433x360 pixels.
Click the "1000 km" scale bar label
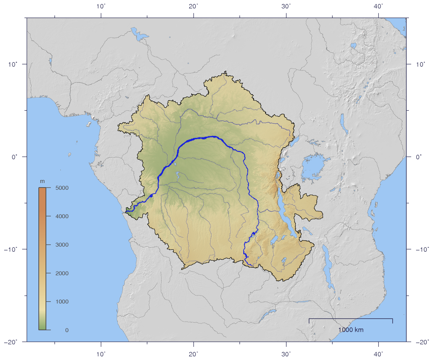pos(351,330)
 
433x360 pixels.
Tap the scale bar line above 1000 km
pos(351,319)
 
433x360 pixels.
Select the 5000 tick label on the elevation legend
pos(62,188)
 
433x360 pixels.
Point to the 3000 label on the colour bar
pos(62,245)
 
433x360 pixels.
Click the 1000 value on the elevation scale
pos(62,302)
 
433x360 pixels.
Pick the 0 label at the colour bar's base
pos(67,330)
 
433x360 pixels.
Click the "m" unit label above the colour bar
pos(42,182)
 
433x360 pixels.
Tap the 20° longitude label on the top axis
pos(194,6)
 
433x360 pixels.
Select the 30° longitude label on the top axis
pos(286,6)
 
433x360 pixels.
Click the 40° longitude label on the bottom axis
pos(378,354)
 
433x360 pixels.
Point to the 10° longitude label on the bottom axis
pos(101,354)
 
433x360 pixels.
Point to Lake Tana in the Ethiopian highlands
pos(353,46)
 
